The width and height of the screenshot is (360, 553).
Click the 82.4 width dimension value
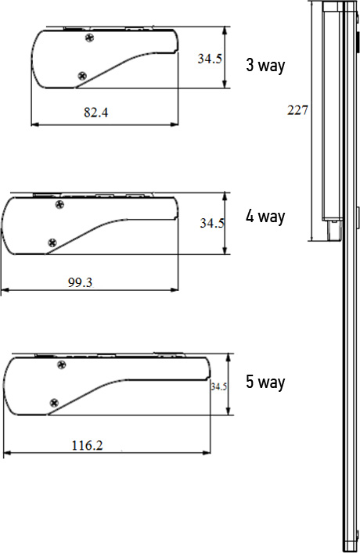[96, 113]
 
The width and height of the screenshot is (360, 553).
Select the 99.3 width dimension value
[80, 282]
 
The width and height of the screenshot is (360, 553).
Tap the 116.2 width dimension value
[87, 445]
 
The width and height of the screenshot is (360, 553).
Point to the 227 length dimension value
[297, 110]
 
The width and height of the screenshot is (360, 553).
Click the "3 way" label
[265, 65]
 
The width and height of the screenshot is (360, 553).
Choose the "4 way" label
[265, 216]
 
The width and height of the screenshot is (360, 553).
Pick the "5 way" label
[265, 382]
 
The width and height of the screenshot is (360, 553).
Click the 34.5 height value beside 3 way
[210, 59]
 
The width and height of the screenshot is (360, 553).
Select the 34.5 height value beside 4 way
[212, 223]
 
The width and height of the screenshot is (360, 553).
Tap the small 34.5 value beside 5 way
[219, 387]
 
